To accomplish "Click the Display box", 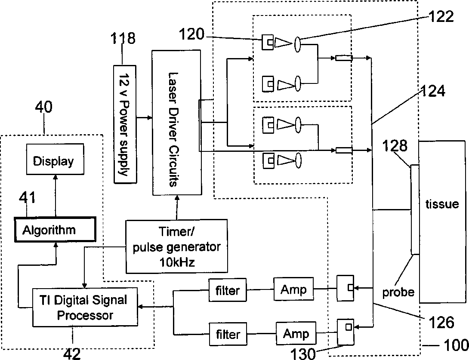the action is pyautogui.click(x=55, y=159).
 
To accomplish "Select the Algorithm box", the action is pyautogui.click(x=56, y=230).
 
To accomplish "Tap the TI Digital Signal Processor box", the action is pyautogui.click(x=85, y=307).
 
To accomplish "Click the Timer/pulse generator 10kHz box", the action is pyautogui.click(x=176, y=246).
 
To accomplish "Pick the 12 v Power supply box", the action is pyautogui.click(x=125, y=124).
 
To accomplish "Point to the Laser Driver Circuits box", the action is pyautogui.click(x=176, y=123).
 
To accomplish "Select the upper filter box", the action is pyautogui.click(x=228, y=290).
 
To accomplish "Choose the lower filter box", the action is pyautogui.click(x=228, y=334).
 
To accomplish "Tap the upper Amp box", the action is pyautogui.click(x=294, y=289).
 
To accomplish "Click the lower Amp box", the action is pyautogui.click(x=296, y=333).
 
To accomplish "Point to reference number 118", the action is pyautogui.click(x=123, y=38).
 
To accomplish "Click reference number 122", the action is pyautogui.click(x=441, y=16).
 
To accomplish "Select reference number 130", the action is pyautogui.click(x=303, y=354).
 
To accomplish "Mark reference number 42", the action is pyautogui.click(x=72, y=354).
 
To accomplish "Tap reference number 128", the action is pyautogui.click(x=395, y=146).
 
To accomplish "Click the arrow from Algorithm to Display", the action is pyautogui.click(x=56, y=196).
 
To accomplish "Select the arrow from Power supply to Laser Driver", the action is pyautogui.click(x=145, y=118).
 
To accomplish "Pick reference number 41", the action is pyautogui.click(x=27, y=198).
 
